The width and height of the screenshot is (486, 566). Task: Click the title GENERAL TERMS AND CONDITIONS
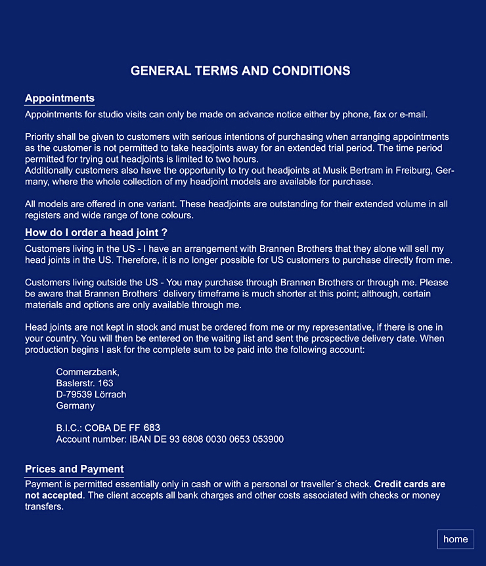coord(240,71)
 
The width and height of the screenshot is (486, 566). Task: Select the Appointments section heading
coord(60,98)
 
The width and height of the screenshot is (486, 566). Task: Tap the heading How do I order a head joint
coord(96,233)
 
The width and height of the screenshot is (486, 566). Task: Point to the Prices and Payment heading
coord(74,469)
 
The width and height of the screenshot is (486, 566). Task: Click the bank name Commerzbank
coord(88,372)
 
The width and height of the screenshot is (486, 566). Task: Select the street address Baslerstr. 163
coord(85,383)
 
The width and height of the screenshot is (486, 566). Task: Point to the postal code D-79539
coord(74,394)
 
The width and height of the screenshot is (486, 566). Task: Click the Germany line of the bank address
coord(76,405)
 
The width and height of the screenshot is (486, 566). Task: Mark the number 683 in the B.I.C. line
coord(152,428)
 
